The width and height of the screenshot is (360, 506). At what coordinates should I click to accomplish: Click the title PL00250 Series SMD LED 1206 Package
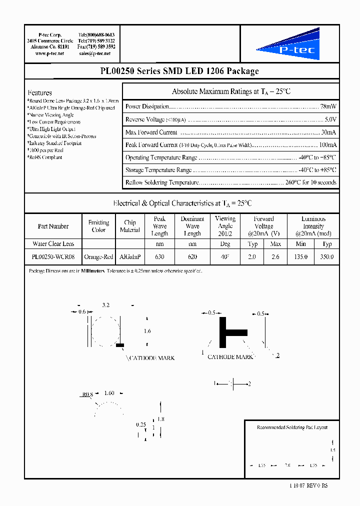coord(179,71)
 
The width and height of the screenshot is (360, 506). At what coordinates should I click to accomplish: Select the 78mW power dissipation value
coord(328,106)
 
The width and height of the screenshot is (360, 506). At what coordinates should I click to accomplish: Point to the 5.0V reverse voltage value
coord(330,119)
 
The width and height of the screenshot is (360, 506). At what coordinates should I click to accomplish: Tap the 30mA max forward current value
coord(328,132)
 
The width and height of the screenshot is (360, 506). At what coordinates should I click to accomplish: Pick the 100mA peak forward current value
coord(327,145)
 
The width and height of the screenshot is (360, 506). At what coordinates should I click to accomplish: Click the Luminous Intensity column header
coord(313,226)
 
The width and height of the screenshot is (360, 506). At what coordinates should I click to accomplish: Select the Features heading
coord(40,93)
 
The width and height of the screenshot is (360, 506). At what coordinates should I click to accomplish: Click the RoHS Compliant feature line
coord(45,157)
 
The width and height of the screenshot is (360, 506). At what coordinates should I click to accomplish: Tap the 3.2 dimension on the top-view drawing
coord(105,304)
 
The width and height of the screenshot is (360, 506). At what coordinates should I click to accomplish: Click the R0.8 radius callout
coord(87,394)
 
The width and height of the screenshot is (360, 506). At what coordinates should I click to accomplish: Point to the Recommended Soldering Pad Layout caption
coord(292,427)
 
